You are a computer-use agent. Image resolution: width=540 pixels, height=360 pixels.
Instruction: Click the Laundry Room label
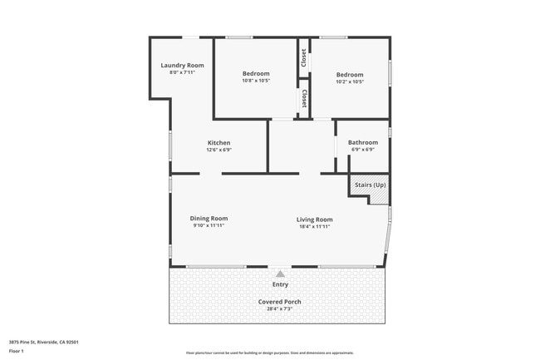182,65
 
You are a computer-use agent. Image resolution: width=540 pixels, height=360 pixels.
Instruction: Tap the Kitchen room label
218,142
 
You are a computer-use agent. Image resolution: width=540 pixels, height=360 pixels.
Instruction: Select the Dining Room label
209,218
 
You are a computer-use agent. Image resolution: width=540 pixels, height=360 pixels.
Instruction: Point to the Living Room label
315,219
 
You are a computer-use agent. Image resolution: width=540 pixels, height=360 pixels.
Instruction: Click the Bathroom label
362,142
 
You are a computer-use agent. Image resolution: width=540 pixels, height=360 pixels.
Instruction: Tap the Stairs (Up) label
370,184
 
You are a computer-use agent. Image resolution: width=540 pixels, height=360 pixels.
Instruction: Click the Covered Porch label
280,301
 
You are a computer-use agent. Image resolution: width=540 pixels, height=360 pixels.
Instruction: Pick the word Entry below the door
280,284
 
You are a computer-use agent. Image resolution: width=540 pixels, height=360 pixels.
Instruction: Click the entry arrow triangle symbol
280,273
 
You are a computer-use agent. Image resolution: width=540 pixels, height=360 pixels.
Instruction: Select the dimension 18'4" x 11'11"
315,226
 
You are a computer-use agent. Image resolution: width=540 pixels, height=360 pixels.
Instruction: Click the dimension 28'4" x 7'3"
280,308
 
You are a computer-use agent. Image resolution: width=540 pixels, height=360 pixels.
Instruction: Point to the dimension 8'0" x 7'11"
182,72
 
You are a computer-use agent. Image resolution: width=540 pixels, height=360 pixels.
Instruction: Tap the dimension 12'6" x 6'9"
218,150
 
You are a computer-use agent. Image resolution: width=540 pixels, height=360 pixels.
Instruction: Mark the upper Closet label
304,57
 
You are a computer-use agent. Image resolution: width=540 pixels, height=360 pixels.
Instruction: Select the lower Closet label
304,99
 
